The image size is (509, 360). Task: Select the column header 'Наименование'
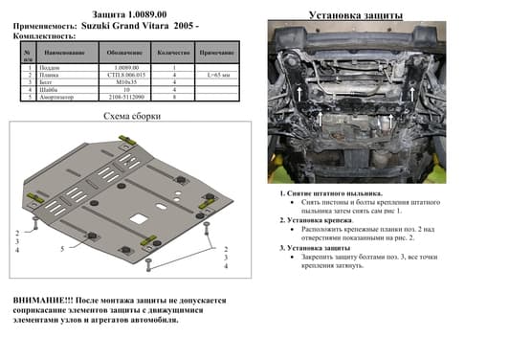[66, 53]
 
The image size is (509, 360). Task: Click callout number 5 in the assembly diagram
[62, 249]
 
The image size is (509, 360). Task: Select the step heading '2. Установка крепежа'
[317, 220]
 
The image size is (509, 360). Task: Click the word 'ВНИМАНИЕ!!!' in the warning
[40, 300]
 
